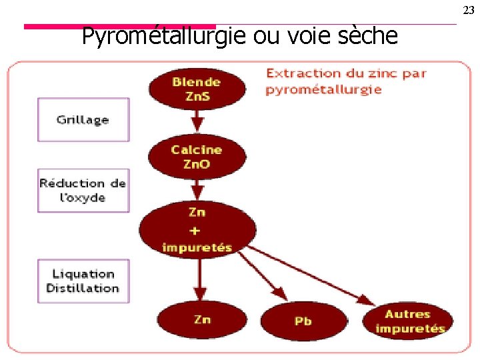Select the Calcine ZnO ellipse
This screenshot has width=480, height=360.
pos(197,157)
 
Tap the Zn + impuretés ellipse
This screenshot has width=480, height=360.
pos(197,230)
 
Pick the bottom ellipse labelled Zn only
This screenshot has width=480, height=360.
pos(202,320)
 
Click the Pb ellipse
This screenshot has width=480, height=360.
pos(303,321)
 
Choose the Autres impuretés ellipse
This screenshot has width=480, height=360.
pos(409,321)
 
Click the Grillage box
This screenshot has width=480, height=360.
pos(83,120)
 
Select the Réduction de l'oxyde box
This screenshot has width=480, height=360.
pos(83,190)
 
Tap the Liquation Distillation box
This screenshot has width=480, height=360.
pos(83,281)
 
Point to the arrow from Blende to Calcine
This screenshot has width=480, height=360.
pos(197,121)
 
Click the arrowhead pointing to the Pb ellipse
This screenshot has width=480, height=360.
pos(281,294)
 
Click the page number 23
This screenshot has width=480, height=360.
pos(469,10)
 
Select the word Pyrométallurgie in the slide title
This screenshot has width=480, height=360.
pos(165,36)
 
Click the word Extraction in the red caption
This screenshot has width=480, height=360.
pos(300,73)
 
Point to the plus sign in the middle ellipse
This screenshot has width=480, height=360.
pos(196,230)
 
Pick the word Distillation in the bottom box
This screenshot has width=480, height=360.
pos(83,289)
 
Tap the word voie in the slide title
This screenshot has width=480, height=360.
pos(307,36)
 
